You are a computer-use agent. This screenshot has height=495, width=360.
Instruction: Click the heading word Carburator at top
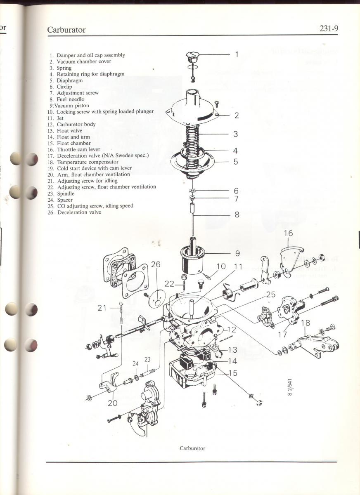(x=66, y=30)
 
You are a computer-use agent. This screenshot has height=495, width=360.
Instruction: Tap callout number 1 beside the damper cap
(x=237, y=54)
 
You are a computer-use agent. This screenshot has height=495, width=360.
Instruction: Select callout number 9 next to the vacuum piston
(x=237, y=253)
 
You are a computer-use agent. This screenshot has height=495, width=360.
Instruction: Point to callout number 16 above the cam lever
(x=288, y=233)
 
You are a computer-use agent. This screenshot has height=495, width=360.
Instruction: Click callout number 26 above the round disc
(x=156, y=264)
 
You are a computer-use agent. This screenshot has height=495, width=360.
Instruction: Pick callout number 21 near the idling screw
(x=102, y=307)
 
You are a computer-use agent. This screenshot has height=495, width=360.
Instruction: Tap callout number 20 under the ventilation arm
(x=113, y=403)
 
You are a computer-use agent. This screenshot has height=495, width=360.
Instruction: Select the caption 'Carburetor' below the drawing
(x=192, y=448)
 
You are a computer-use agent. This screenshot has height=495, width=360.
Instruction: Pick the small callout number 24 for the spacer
(x=135, y=363)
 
